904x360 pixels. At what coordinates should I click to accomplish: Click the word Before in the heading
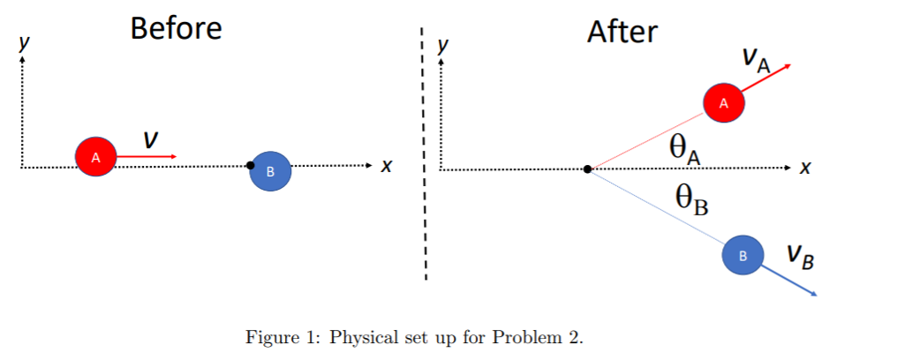176,28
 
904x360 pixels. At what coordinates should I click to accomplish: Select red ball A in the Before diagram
95,156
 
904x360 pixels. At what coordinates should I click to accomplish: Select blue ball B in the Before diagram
270,170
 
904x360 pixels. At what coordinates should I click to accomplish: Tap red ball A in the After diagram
724,103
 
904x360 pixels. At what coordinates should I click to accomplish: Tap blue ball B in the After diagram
743,255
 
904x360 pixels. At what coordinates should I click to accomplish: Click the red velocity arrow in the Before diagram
147,156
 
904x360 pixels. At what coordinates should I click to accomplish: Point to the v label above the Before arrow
151,138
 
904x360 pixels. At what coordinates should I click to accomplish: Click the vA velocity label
756,59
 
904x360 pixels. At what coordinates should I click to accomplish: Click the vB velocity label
801,258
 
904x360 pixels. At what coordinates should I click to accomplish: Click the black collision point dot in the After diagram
588,169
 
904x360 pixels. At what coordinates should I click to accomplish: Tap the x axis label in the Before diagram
385,166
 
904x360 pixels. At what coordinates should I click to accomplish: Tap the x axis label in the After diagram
804,168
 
